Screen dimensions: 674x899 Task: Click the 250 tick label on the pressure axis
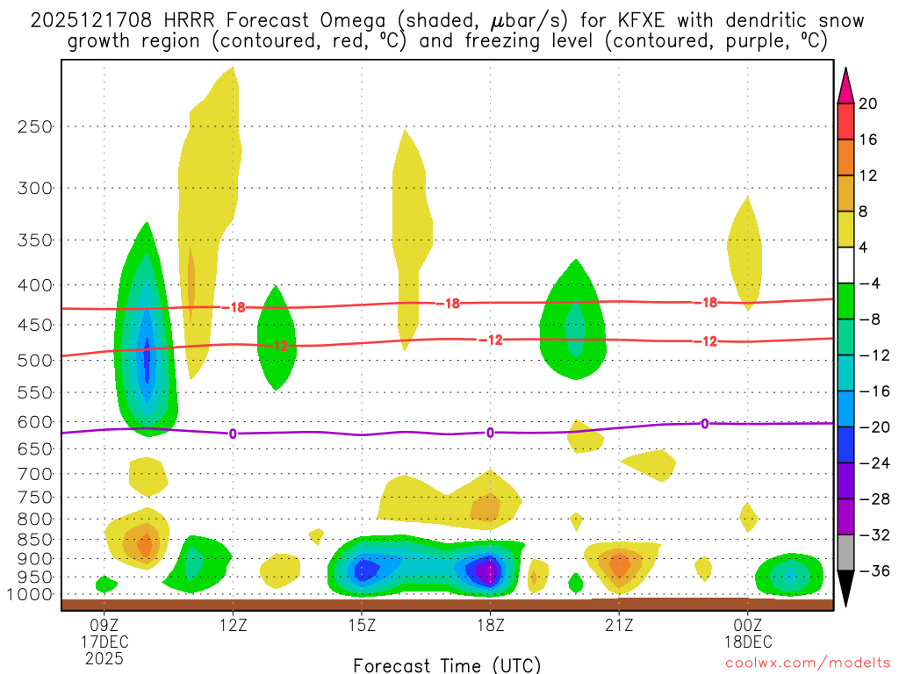[35, 126]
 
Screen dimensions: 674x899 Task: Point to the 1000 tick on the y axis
[32, 595]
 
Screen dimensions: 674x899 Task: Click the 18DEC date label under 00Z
[747, 642]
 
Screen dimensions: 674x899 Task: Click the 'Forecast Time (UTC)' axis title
[447, 664]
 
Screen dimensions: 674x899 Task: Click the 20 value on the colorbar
[868, 104]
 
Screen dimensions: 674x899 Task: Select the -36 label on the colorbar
[872, 571]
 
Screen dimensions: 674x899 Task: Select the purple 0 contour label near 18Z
[490, 432]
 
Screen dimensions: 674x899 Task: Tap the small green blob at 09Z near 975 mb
[105, 584]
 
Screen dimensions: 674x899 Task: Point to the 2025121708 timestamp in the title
[88, 20]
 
